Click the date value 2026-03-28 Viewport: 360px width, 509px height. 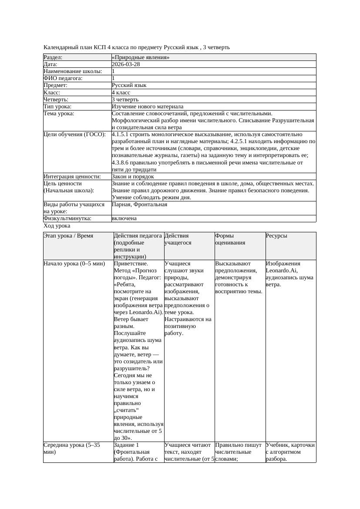pyautogui.click(x=126, y=64)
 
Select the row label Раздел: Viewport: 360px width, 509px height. pyautogui.click(x=53, y=57)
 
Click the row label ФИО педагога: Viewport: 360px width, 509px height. pyautogui.click(x=63, y=78)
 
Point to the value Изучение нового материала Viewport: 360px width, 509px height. pyautogui.click(x=148, y=107)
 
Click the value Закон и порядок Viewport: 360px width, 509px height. pyautogui.click(x=133, y=177)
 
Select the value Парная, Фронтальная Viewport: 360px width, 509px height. pyautogui.click(x=139, y=204)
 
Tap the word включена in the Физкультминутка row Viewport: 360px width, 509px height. pyautogui.click(x=124, y=218)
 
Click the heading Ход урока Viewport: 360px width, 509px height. pyautogui.click(x=57, y=226)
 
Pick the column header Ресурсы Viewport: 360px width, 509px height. pyautogui.click(x=276, y=236)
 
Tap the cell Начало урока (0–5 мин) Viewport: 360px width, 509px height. pyautogui.click(x=74, y=264)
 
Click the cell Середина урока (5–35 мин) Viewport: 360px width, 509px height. pyautogui.click(x=72, y=449)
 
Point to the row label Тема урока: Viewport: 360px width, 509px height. pyautogui.click(x=59, y=114)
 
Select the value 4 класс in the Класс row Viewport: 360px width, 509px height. pyautogui.click(x=121, y=93)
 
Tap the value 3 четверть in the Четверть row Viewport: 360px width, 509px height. pyautogui.click(x=125, y=100)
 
